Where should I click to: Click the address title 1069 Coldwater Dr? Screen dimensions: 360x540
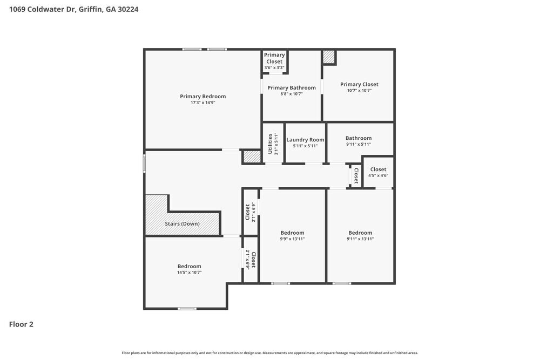pyautogui.click(x=74, y=9)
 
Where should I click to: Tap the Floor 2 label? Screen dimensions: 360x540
pyautogui.click(x=21, y=324)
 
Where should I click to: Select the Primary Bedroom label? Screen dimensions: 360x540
pyautogui.click(x=202, y=96)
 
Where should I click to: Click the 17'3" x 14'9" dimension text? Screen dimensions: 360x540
pyautogui.click(x=202, y=103)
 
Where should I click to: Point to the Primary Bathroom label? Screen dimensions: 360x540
pyautogui.click(x=291, y=87)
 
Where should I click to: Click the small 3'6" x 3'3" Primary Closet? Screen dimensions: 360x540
pyautogui.click(x=274, y=61)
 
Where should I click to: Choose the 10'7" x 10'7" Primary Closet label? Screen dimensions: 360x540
pyautogui.click(x=359, y=84)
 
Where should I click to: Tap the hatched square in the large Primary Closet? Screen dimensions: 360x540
pyautogui.click(x=329, y=57)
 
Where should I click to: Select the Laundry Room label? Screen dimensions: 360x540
pyautogui.click(x=305, y=139)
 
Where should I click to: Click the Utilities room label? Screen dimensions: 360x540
pyautogui.click(x=270, y=143)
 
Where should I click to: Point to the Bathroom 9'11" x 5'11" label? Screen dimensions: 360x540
pyautogui.click(x=359, y=138)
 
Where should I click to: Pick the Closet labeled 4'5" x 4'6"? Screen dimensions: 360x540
pyautogui.click(x=378, y=169)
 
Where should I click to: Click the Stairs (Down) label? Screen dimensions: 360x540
pyautogui.click(x=182, y=223)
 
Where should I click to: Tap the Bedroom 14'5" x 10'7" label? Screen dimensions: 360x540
pyautogui.click(x=189, y=266)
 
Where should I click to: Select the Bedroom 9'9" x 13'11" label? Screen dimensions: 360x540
pyautogui.click(x=292, y=233)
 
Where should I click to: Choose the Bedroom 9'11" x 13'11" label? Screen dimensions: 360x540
pyautogui.click(x=360, y=233)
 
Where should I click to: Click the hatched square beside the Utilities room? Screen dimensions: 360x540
pyautogui.click(x=252, y=157)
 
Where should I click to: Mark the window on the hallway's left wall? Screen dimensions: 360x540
pyautogui.click(x=144, y=164)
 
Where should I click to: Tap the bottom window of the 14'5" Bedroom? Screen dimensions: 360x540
pyautogui.click(x=187, y=308)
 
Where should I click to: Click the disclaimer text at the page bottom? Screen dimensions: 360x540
pyautogui.click(x=270, y=352)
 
